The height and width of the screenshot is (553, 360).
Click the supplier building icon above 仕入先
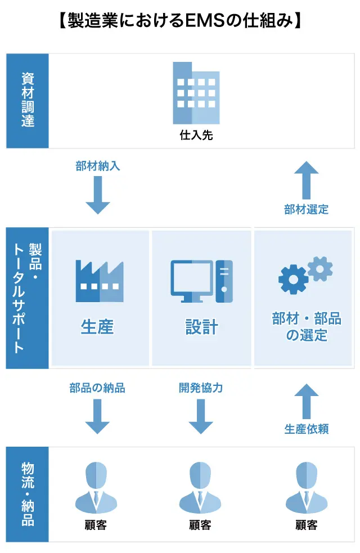[x=196, y=93]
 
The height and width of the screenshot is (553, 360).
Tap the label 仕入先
[x=196, y=135]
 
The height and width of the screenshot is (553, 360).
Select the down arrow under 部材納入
[x=98, y=195]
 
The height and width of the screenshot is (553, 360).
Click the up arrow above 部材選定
[x=307, y=179]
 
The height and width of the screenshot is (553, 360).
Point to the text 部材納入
[x=98, y=166]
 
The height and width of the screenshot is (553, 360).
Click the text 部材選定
[x=307, y=210]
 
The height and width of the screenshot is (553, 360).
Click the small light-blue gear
[x=320, y=268]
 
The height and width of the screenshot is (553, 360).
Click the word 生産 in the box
[x=97, y=327]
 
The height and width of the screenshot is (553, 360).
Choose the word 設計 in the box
[x=201, y=327]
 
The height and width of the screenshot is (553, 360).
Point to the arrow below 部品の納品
[x=97, y=416]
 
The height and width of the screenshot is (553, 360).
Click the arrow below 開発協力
[x=201, y=416]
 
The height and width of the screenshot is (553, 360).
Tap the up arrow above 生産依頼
[x=307, y=400]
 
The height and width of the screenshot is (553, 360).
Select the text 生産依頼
[x=307, y=429]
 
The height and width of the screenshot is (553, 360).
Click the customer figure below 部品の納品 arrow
[x=96, y=489]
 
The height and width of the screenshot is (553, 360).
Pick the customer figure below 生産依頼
[x=307, y=489]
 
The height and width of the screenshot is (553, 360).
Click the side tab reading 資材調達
[x=28, y=101]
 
